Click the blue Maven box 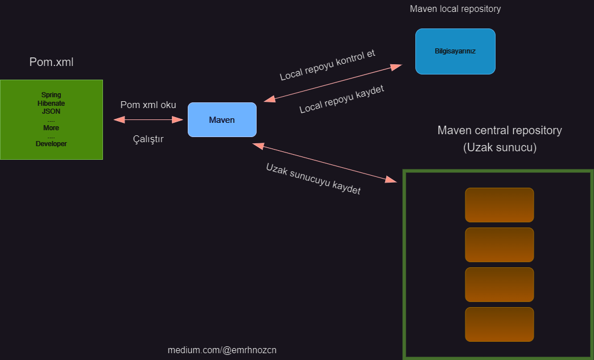[x=222, y=120]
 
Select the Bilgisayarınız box [x=455, y=51]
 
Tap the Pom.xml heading [x=51, y=62]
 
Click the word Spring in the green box [x=51, y=95]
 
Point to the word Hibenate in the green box [x=51, y=104]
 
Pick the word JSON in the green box [x=51, y=111]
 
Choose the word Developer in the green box [x=51, y=144]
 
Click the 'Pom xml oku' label [x=148, y=105]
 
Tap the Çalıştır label [x=148, y=139]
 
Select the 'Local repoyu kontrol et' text [x=327, y=65]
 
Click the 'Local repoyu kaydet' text [x=341, y=100]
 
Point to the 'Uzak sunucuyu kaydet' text [x=313, y=179]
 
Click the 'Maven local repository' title [x=455, y=9]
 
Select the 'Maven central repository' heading [x=500, y=130]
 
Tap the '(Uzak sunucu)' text [x=500, y=147]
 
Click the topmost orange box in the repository [x=500, y=205]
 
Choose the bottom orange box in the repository [x=500, y=324]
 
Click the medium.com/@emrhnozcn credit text [x=222, y=350]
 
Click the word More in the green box [x=51, y=128]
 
